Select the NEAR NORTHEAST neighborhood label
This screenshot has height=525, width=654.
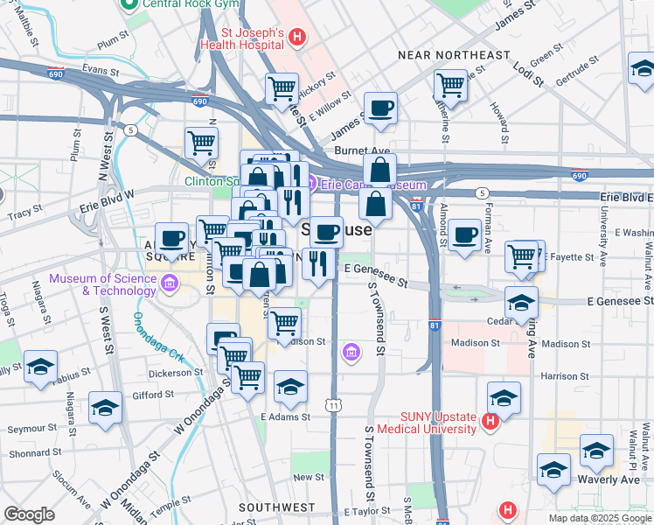(453, 55)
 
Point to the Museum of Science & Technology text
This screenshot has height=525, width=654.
(103, 284)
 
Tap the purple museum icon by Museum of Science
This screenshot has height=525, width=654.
(170, 283)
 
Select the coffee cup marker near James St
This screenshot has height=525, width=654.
(380, 109)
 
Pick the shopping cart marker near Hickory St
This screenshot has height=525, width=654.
(282, 87)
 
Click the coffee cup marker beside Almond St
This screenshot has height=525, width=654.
(464, 235)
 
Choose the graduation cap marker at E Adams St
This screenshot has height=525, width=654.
(290, 385)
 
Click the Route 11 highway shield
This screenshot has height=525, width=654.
(333, 405)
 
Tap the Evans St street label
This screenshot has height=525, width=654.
(99, 66)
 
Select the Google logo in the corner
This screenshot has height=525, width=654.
(29, 514)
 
